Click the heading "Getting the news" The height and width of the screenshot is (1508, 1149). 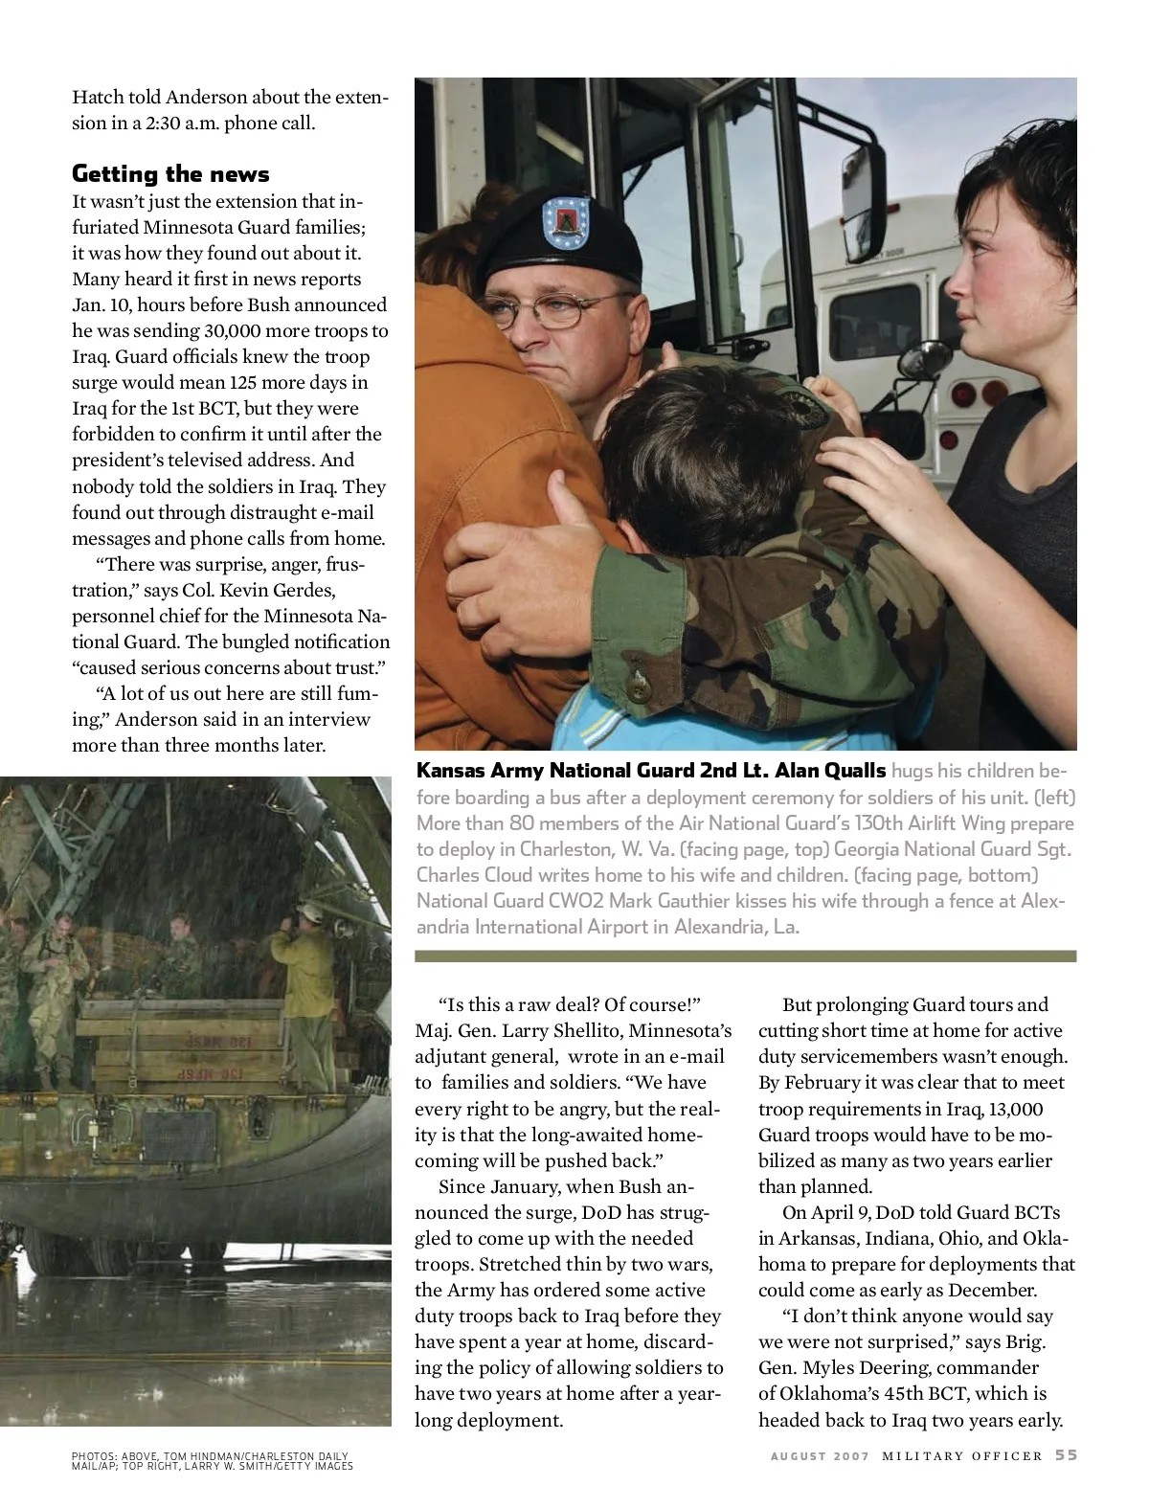[170, 174]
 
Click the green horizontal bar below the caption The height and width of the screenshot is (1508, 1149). [745, 956]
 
